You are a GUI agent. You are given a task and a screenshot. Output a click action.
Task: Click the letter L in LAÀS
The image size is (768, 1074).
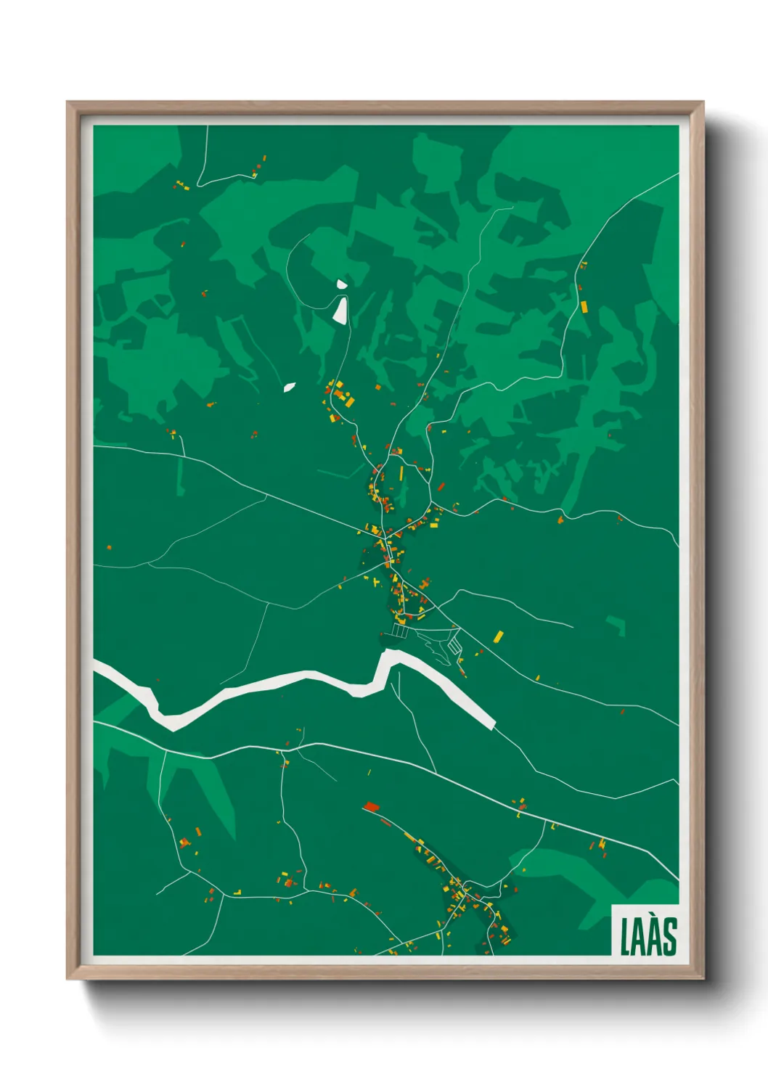[x=625, y=937]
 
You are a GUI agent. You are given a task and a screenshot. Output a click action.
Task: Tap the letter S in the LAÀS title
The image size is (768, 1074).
[x=669, y=937]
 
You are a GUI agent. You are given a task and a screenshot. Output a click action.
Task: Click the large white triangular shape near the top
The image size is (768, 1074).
[x=340, y=310]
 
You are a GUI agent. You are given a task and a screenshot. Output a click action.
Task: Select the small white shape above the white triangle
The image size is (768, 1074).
[x=341, y=284]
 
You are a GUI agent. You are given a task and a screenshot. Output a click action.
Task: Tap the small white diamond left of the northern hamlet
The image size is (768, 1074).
[x=290, y=388]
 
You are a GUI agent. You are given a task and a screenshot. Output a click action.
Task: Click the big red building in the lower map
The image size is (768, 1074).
[x=372, y=806]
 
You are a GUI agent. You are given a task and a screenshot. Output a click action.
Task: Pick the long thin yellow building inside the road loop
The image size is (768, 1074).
[x=401, y=474]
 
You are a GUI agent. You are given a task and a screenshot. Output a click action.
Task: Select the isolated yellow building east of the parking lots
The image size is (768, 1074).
[x=498, y=637]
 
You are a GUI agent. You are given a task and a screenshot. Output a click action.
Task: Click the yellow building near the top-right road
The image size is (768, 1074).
[x=584, y=306]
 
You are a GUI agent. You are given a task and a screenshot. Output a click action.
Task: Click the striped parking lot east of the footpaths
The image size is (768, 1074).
[x=454, y=644]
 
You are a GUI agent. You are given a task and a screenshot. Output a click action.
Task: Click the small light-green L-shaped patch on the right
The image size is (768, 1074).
[x=616, y=625]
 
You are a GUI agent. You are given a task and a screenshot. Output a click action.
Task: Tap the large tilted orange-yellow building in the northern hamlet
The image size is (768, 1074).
[x=349, y=400]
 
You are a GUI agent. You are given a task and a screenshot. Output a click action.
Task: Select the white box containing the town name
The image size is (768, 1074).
[x=645, y=932]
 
